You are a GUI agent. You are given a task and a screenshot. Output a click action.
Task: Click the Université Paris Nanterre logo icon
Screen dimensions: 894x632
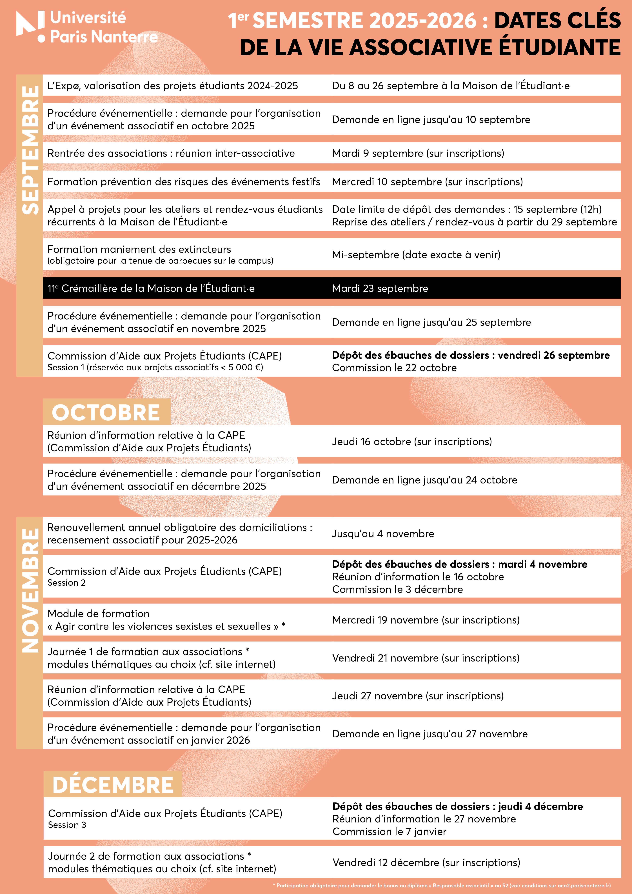pyautogui.click(x=30, y=25)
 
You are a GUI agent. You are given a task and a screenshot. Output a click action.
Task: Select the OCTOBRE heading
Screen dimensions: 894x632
pyautogui.click(x=106, y=412)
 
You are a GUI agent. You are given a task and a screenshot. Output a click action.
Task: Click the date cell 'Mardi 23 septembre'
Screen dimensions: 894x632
pyautogui.click(x=380, y=288)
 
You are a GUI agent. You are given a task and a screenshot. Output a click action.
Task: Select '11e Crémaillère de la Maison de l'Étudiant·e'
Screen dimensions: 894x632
pyautogui.click(x=151, y=288)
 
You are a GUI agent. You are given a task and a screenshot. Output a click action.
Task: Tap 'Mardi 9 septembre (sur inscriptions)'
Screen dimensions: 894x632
pyautogui.click(x=418, y=153)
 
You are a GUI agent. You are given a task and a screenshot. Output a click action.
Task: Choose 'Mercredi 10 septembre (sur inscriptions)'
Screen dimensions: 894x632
pyautogui.click(x=427, y=181)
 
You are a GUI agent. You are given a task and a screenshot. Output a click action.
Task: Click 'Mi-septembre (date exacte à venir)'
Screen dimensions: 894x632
pyautogui.click(x=416, y=255)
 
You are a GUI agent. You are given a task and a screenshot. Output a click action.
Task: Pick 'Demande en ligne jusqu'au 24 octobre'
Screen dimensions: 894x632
pyautogui.click(x=424, y=480)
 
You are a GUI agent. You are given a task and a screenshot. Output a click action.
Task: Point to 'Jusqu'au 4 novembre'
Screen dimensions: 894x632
pyautogui.click(x=383, y=533)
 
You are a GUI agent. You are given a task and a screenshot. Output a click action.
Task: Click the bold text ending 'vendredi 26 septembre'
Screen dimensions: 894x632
pyautogui.click(x=471, y=355)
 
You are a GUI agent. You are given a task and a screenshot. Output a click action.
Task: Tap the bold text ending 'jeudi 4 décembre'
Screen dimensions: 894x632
pyautogui.click(x=457, y=806)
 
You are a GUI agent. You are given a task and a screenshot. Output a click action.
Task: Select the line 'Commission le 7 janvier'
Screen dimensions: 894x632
pyautogui.click(x=389, y=831)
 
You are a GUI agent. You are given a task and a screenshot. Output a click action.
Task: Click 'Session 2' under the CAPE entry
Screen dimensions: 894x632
pyautogui.click(x=66, y=582)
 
